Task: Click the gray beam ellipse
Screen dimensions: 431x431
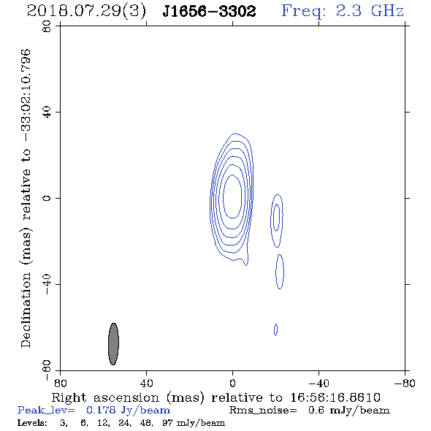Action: coord(113,344)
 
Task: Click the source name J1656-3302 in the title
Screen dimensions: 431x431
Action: coord(209,12)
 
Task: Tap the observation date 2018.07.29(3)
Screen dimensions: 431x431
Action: coord(86,12)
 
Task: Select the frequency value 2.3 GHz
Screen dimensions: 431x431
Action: coord(370,11)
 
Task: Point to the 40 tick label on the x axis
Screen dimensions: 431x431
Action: coord(146,383)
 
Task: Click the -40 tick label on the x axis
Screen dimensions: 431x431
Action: coord(319,383)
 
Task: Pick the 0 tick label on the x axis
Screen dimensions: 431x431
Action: coord(232,383)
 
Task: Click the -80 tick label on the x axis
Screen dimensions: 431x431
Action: coord(405,383)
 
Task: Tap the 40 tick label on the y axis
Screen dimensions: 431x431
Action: coord(47,112)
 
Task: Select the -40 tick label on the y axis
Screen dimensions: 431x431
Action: coord(47,284)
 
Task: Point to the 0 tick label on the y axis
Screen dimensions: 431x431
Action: coord(47,198)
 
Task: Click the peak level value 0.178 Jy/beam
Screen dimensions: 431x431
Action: coord(128,411)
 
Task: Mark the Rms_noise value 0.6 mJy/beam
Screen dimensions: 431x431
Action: coord(349,411)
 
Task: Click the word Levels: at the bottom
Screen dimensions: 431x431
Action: coord(32,423)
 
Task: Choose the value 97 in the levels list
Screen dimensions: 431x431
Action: coord(167,423)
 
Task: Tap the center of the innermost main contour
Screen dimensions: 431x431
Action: coord(232,197)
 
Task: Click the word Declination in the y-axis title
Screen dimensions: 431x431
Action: coord(26,310)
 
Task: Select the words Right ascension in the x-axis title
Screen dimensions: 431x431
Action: coord(105,397)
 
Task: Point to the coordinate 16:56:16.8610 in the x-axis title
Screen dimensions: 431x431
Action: coord(335,397)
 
